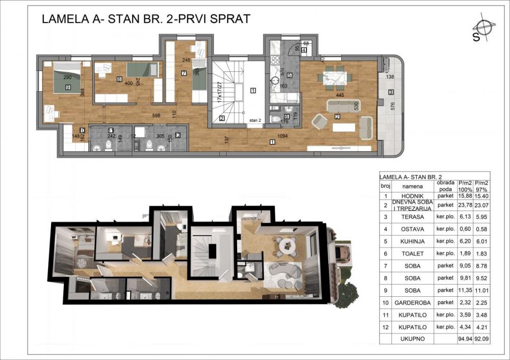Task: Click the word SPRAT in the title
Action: tap(227, 19)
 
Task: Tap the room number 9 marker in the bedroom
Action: tap(68, 87)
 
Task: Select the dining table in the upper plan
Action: tap(335, 77)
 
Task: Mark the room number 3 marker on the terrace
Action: tap(390, 92)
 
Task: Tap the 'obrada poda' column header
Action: tap(445, 187)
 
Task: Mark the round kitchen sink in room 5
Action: tap(275, 80)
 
